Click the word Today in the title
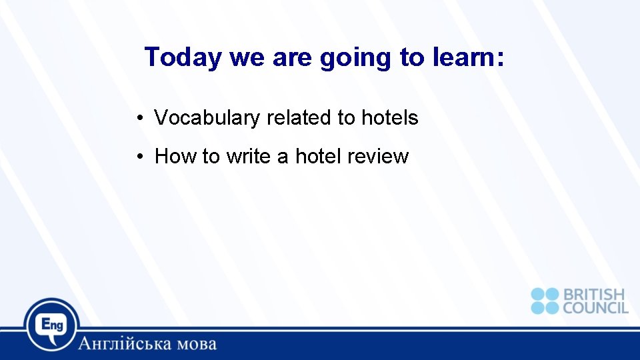[x=182, y=58]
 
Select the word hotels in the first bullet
[x=389, y=118]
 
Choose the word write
[x=248, y=157]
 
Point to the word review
[x=377, y=157]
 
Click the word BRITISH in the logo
[x=594, y=295]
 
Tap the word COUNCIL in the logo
[x=595, y=307]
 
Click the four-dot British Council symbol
[x=545, y=301]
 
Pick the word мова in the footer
[x=194, y=345]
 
